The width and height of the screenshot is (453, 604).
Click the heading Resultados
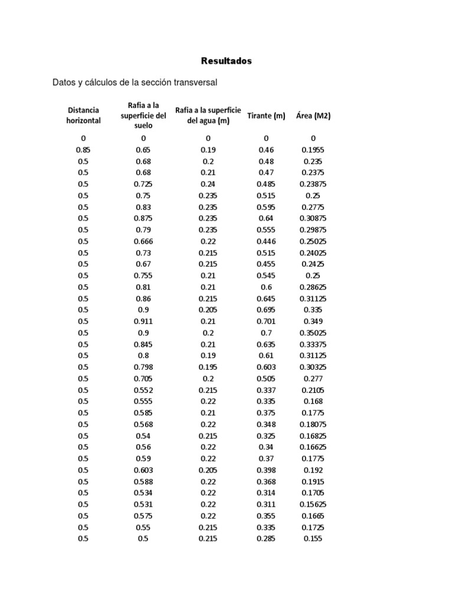click(226, 61)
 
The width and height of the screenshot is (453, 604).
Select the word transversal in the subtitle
click(192, 83)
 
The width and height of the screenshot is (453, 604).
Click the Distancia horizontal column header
click(83, 115)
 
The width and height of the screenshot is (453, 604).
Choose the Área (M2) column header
click(313, 116)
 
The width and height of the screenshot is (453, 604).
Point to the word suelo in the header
click(143, 126)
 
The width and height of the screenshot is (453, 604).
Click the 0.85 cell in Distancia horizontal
click(83, 150)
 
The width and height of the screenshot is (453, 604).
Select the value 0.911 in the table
click(143, 321)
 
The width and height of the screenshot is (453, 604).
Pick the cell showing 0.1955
click(313, 150)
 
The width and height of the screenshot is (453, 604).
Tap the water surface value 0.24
click(208, 184)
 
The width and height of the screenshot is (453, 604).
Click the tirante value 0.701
click(266, 321)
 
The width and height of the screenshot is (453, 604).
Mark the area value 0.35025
click(313, 333)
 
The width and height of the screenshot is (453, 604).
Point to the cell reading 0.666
click(143, 241)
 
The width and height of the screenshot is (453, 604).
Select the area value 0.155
click(313, 539)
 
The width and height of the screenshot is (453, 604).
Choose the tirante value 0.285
click(266, 539)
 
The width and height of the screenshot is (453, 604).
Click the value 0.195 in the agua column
click(208, 367)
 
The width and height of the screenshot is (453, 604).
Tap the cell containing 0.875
click(143, 218)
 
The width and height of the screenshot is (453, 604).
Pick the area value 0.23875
click(313, 184)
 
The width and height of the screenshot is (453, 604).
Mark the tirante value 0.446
click(266, 241)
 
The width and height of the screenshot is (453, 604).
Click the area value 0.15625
click(313, 504)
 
